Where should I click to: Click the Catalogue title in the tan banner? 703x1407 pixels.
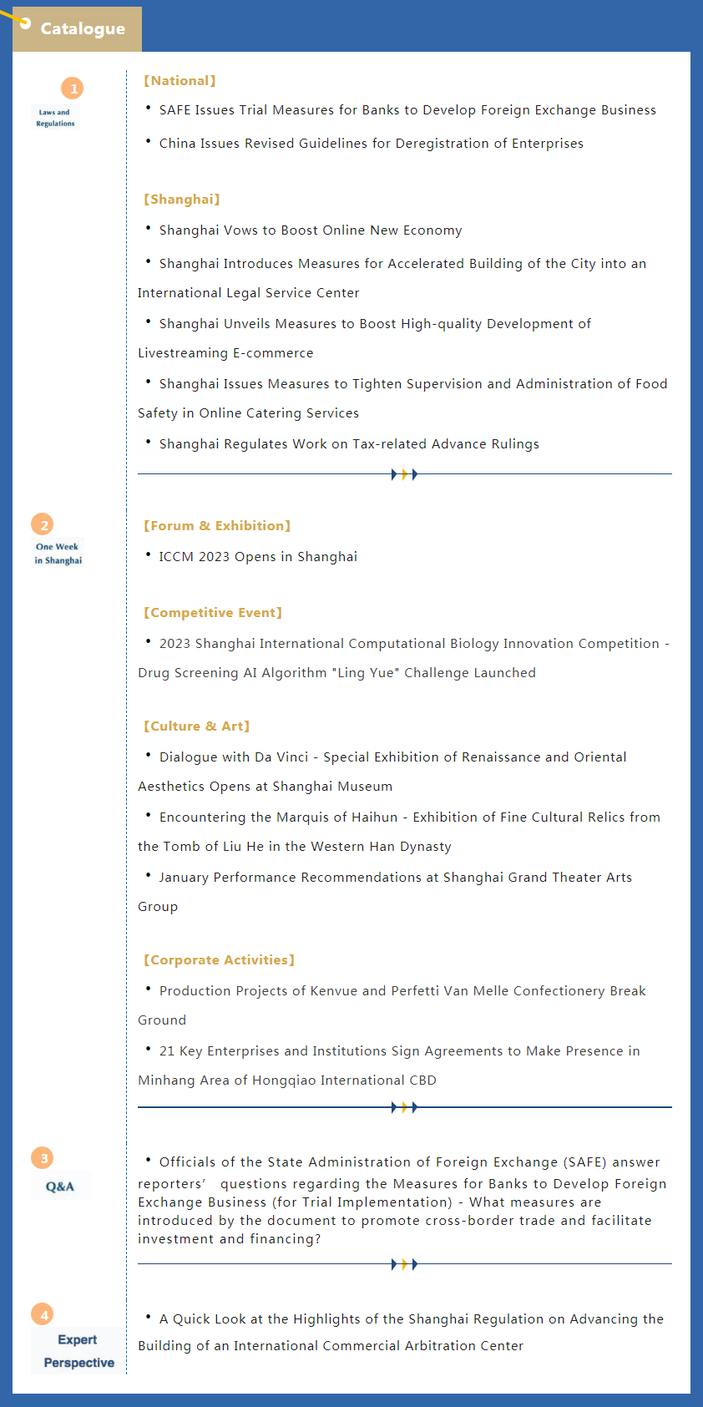(83, 28)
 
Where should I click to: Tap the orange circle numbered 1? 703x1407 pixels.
(73, 89)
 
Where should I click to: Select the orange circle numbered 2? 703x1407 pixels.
(43, 525)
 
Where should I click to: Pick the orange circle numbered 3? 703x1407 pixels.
(43, 1158)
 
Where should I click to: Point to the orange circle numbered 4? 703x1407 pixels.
(43, 1315)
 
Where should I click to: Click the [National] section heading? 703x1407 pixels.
(180, 81)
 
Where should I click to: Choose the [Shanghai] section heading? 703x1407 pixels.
(181, 200)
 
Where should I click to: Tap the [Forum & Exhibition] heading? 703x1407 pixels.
(217, 526)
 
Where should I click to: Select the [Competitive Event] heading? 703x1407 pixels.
(213, 613)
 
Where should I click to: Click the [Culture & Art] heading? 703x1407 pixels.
(196, 726)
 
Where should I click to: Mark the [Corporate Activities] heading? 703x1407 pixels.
(219, 960)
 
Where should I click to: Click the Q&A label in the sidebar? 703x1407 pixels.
(60, 1187)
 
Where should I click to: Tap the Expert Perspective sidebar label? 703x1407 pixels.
(78, 1351)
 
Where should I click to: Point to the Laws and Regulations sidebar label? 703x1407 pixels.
(55, 118)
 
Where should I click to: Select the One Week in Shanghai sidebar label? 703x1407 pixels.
(58, 554)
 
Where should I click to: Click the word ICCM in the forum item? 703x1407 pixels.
(176, 557)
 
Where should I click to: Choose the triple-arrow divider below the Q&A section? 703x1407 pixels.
(404, 1264)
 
